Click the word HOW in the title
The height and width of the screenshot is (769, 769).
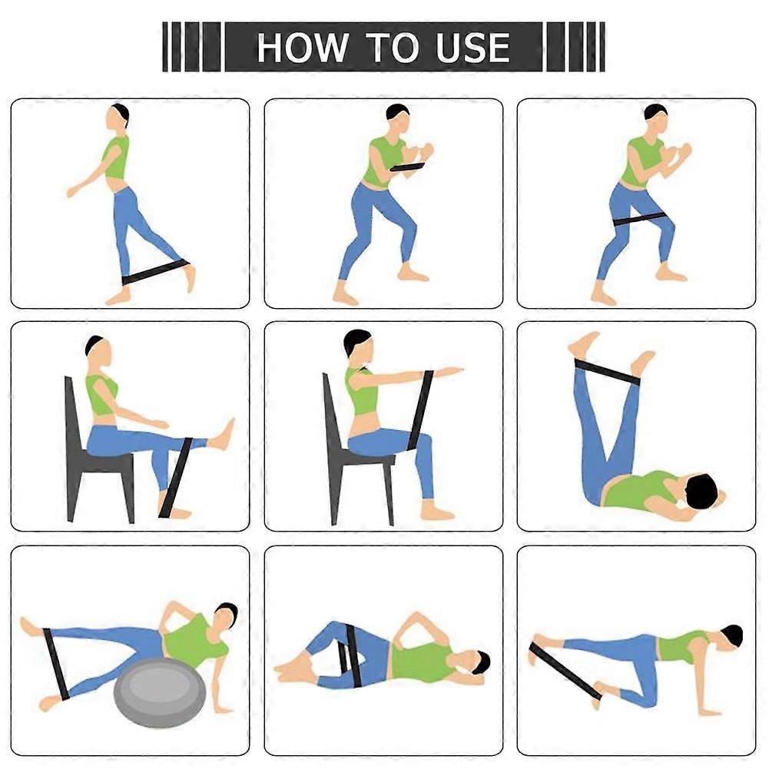tap(301, 48)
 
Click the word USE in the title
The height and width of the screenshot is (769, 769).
tap(472, 48)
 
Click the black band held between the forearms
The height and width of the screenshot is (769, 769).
tap(407, 167)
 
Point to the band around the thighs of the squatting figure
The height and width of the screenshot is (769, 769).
tap(639, 220)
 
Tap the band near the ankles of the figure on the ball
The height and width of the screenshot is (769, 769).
tap(56, 663)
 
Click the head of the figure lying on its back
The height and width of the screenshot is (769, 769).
tap(702, 492)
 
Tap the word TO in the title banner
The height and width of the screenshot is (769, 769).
tap(391, 48)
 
